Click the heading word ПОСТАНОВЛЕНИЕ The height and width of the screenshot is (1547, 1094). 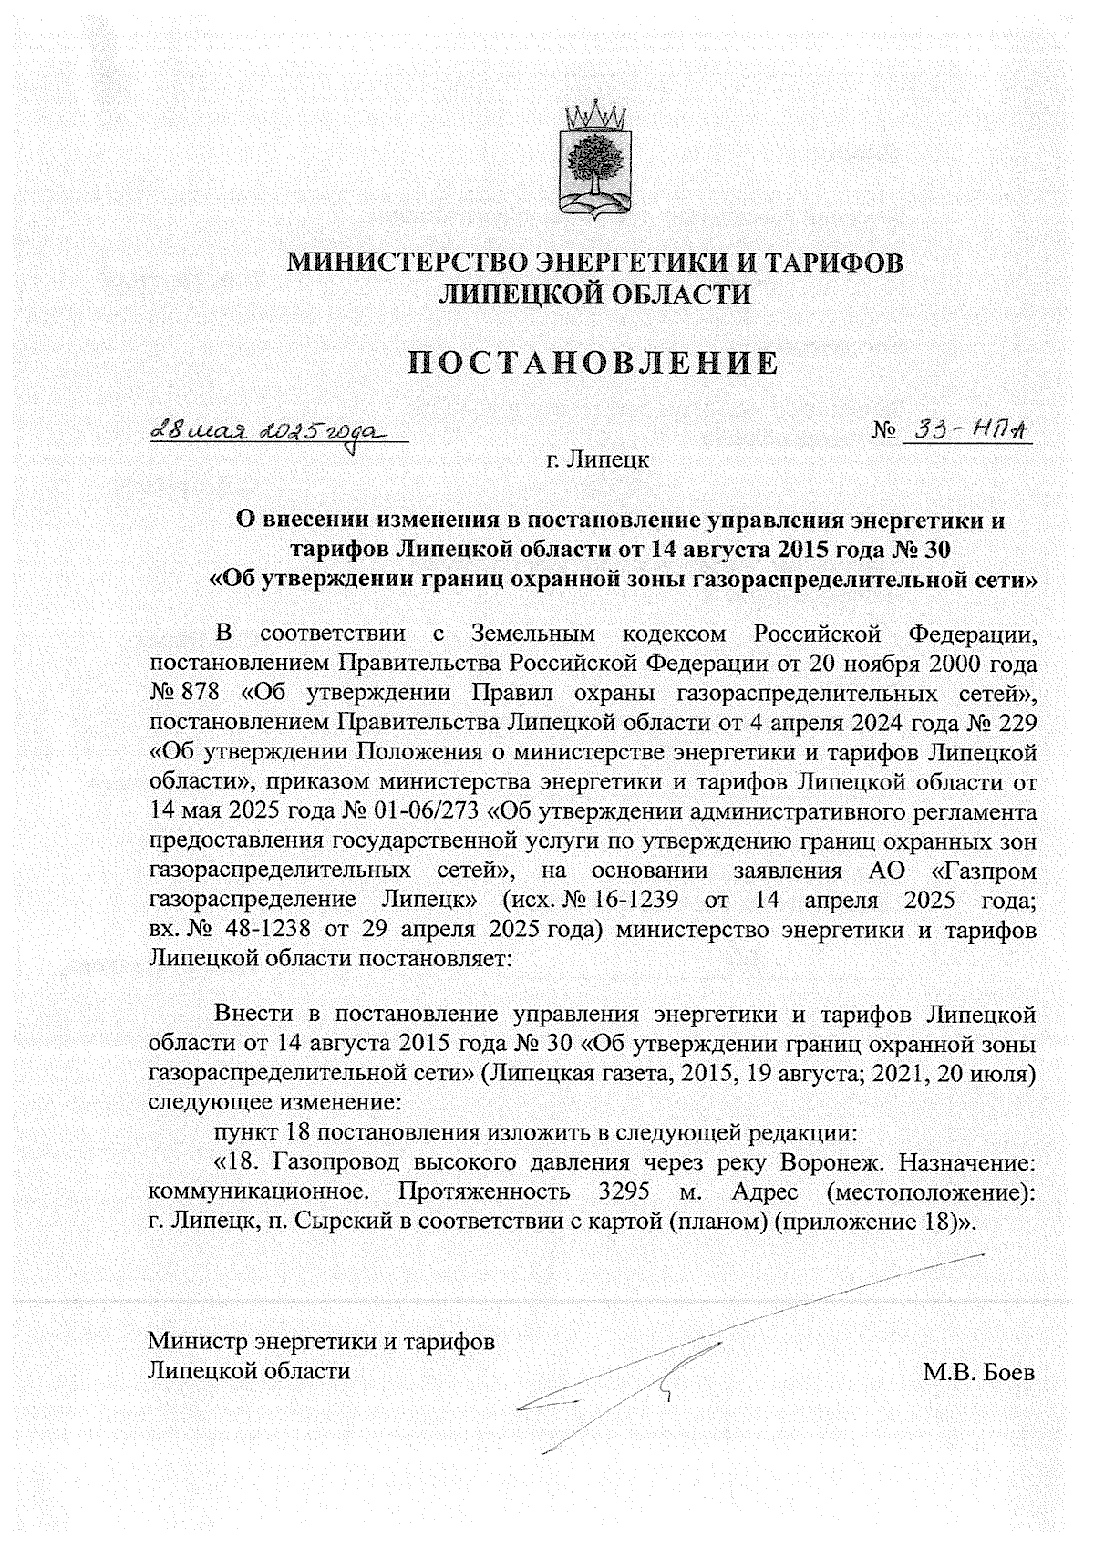click(593, 364)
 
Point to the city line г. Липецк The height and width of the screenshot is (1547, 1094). click(597, 459)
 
